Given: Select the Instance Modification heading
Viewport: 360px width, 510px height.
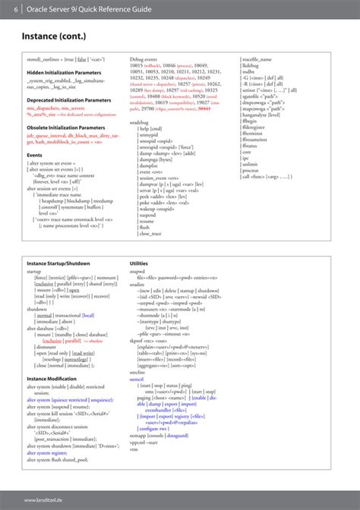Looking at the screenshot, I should [52, 377].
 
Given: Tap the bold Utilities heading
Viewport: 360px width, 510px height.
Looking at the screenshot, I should [139, 263].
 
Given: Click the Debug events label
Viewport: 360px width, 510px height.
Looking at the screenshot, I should [144, 58].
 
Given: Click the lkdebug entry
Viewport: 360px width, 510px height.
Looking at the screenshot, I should [251, 65].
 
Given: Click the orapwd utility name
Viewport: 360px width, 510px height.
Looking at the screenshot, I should [137, 270].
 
